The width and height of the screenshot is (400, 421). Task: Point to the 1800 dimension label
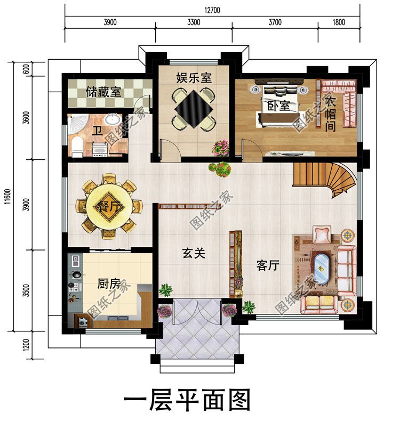[338, 22]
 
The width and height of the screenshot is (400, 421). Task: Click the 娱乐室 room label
[194, 78]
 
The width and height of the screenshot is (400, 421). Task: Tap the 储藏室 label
[103, 92]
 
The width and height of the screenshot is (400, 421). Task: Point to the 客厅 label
[268, 265]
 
